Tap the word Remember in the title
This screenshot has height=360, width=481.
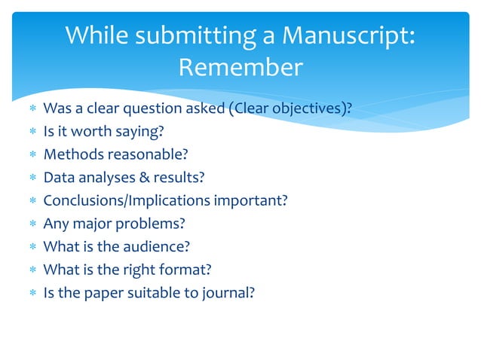click(x=240, y=69)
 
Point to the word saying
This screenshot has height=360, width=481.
click(x=140, y=132)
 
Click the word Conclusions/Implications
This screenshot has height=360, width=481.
click(x=127, y=201)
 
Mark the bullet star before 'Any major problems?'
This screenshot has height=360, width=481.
click(x=32, y=224)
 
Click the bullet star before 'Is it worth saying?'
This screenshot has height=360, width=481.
click(x=32, y=133)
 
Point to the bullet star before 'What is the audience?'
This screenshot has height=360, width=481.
click(x=32, y=247)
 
